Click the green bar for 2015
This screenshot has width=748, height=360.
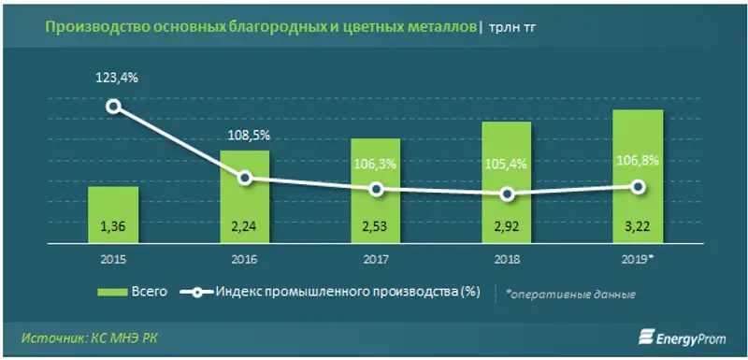click(113, 215)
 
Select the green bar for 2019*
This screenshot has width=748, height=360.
click(638, 178)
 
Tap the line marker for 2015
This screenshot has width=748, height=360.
click(114, 106)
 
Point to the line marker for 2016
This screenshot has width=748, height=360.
click(245, 178)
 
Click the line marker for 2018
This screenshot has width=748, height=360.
click(507, 194)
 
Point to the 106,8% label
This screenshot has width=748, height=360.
click(638, 160)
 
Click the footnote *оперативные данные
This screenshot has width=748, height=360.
click(571, 294)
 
